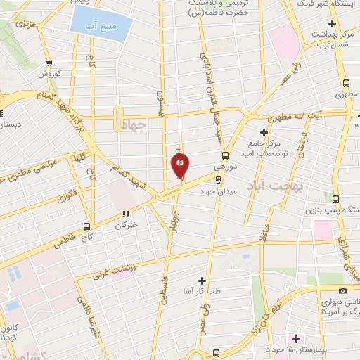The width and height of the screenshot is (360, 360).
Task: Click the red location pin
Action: point(181,165)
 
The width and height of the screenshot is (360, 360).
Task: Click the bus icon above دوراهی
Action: point(225,156)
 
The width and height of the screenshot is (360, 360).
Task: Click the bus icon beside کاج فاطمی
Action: point(86,226)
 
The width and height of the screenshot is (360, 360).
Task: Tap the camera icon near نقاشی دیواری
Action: point(342,291)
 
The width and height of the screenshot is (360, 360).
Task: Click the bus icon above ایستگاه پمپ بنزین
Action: point(335,199)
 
